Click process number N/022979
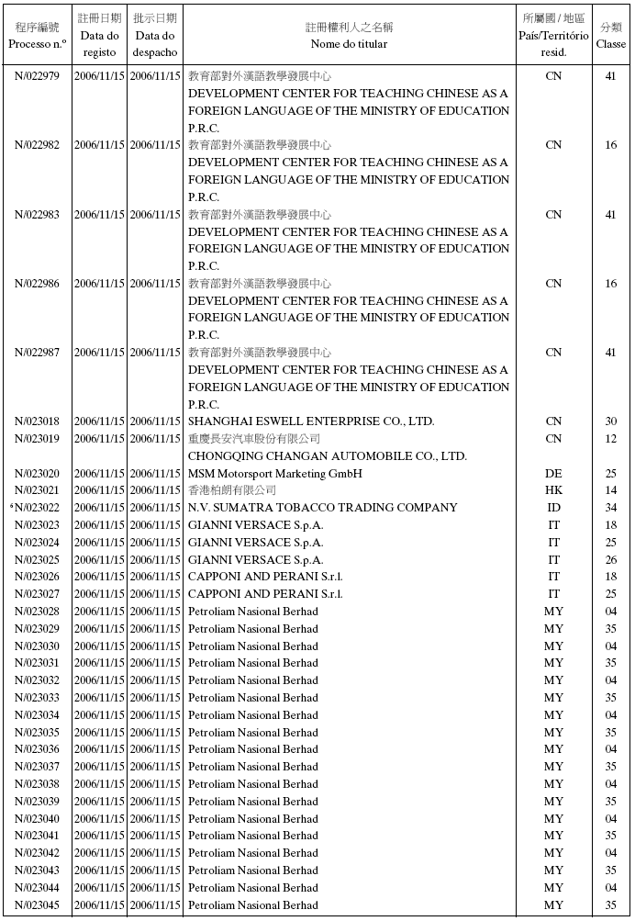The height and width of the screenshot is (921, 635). (x=37, y=76)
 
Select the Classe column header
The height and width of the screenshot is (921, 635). (x=611, y=35)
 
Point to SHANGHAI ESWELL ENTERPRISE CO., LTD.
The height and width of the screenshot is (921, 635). (x=311, y=421)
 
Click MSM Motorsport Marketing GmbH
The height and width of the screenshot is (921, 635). (x=275, y=474)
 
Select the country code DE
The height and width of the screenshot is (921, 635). (x=553, y=474)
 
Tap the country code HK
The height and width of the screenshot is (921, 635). (x=553, y=490)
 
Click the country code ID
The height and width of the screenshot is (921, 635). (x=553, y=508)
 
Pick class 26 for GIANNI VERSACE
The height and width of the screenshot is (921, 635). (x=611, y=560)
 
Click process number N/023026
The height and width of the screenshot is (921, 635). (x=37, y=577)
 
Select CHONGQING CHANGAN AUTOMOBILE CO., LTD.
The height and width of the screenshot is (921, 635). (x=328, y=456)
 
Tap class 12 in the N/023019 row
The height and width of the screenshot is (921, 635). (x=611, y=439)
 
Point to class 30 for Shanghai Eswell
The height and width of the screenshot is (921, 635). (x=611, y=421)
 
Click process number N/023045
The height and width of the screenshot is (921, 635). (x=37, y=905)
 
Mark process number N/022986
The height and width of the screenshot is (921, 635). (x=37, y=284)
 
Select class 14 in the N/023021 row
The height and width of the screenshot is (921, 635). (x=611, y=490)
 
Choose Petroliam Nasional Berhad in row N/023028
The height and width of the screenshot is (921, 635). (x=253, y=612)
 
